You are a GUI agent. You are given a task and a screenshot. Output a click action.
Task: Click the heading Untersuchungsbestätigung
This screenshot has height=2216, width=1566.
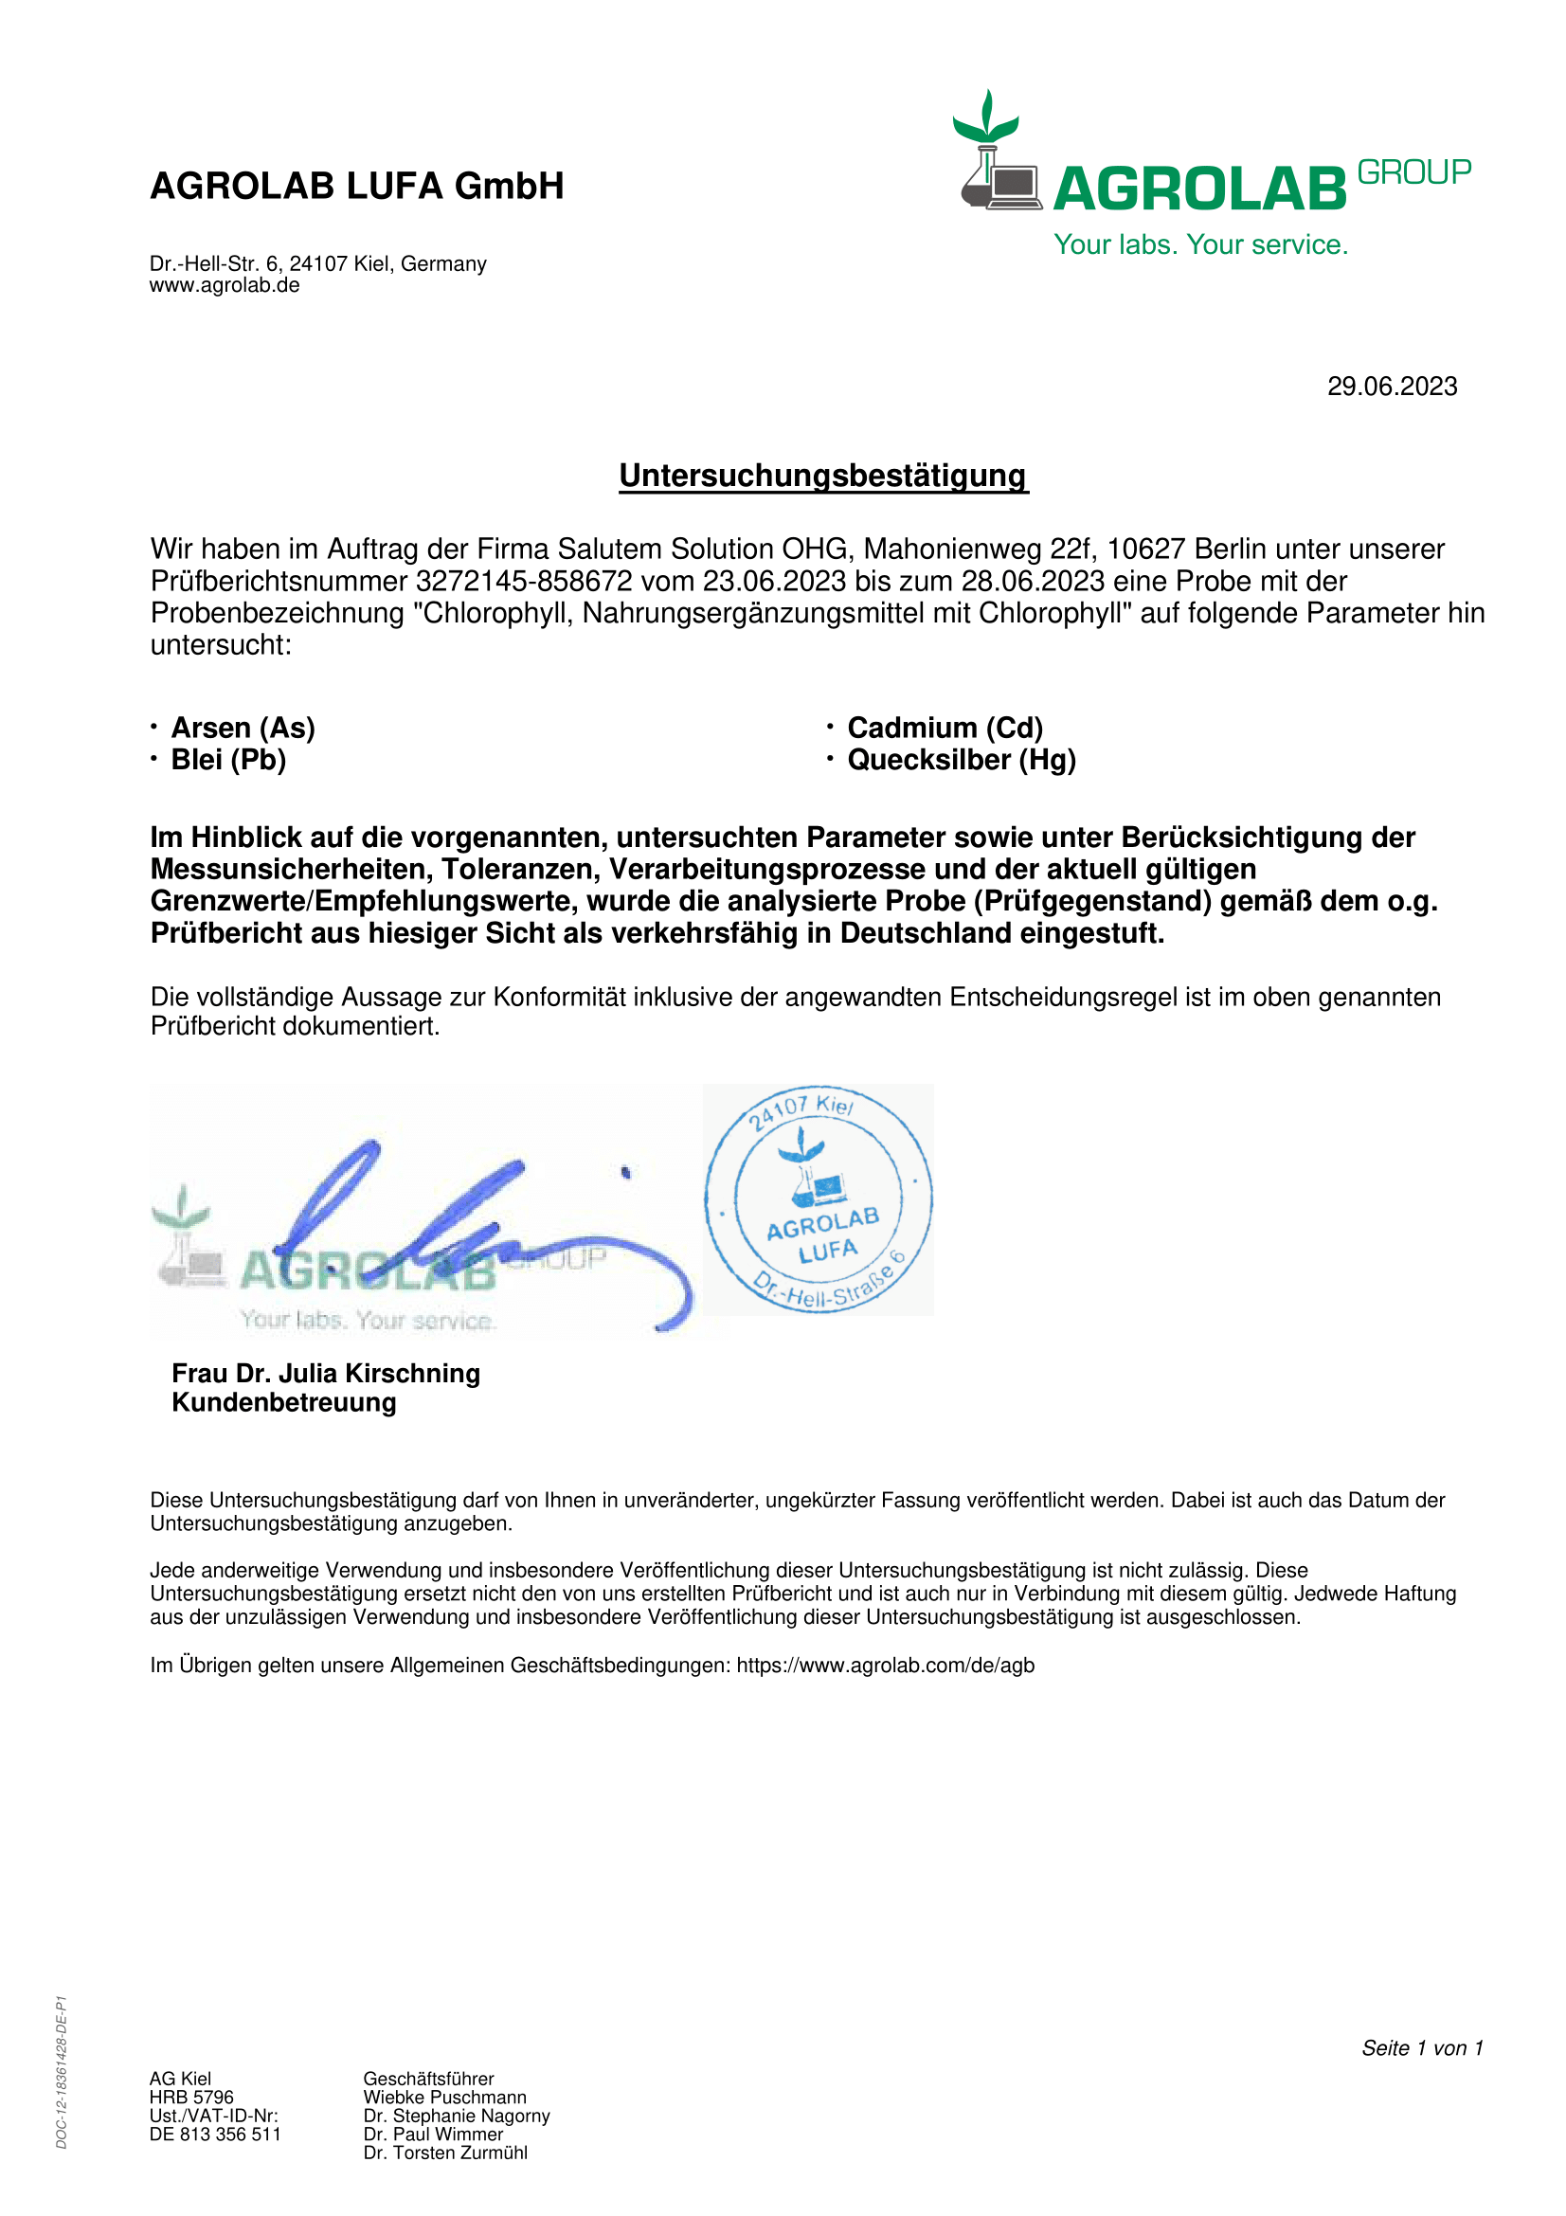823,476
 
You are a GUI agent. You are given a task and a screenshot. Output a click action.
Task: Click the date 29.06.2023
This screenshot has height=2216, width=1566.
1392,387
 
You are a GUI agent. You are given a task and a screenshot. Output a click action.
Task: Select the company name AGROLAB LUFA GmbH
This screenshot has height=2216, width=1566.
357,187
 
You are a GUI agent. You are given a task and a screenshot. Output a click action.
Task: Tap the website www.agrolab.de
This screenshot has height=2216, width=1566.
224,286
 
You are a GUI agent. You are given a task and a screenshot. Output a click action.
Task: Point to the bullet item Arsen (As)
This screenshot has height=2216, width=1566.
243,728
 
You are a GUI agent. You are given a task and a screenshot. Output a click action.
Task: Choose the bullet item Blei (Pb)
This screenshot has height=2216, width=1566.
228,761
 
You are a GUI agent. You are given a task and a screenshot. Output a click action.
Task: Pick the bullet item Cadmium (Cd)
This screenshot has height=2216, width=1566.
945,728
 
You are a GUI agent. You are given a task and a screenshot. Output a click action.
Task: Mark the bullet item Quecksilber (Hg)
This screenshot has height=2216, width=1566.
961,761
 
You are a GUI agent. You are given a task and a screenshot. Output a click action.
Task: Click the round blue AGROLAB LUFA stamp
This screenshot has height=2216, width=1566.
819,1199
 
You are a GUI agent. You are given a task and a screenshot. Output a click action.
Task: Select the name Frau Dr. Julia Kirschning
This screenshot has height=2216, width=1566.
325,1374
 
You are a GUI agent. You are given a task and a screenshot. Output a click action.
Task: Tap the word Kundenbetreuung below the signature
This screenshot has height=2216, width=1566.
283,1403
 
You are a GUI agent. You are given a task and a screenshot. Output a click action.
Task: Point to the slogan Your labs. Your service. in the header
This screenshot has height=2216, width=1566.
1200,245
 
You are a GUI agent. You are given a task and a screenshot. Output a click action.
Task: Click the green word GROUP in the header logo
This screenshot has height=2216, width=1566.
1413,172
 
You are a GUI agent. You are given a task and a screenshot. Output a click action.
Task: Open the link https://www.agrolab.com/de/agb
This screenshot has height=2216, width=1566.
885,1666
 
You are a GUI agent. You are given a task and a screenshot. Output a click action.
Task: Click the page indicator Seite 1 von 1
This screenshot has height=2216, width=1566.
1421,2048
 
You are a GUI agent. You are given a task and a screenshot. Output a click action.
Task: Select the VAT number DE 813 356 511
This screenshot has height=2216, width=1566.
215,2135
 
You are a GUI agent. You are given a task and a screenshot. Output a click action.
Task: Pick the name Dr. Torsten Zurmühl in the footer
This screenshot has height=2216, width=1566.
445,2153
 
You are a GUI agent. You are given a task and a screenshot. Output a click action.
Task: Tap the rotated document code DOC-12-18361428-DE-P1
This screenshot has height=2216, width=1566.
62,2072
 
